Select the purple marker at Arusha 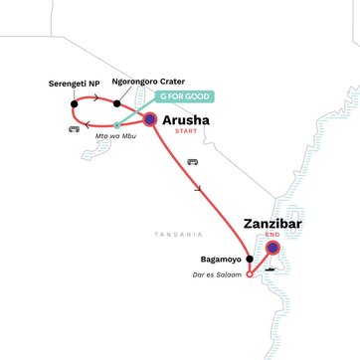[x=149, y=120]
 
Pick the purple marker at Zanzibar [x=271, y=249]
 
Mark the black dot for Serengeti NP [x=74, y=103]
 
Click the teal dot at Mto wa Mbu [x=116, y=124]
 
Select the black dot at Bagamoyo [x=249, y=259]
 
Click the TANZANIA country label [x=177, y=234]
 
